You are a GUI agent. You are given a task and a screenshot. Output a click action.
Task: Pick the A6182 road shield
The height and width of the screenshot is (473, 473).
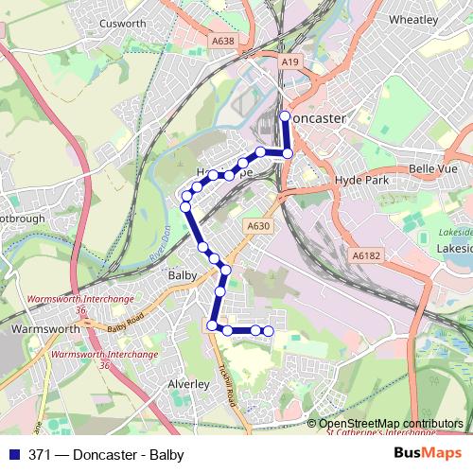tap(365, 255)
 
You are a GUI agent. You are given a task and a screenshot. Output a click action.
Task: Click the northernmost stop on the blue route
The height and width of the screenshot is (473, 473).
tap(286, 116)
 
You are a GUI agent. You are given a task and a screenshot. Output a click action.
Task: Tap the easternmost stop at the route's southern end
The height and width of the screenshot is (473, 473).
tap(269, 330)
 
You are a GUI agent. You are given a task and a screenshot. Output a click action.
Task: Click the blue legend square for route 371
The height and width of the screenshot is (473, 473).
tap(14, 454)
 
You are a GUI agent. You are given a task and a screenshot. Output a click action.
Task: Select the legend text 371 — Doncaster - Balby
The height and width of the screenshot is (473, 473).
tap(105, 454)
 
